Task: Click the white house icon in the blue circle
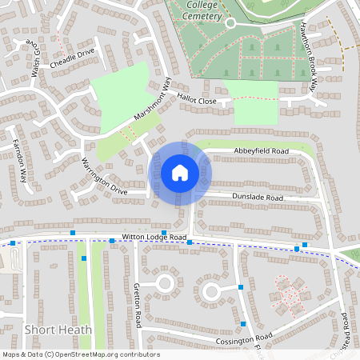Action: [180, 173]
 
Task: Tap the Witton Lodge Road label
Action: [154, 238]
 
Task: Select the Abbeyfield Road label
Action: [261, 150]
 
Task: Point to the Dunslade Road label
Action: [258, 197]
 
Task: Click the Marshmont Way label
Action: [152, 101]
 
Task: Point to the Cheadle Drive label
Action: [72, 58]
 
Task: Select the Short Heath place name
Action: [58, 330]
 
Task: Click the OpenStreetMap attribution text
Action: [80, 354]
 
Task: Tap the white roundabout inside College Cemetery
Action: [231, 23]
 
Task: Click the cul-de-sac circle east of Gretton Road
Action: [166, 282]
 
